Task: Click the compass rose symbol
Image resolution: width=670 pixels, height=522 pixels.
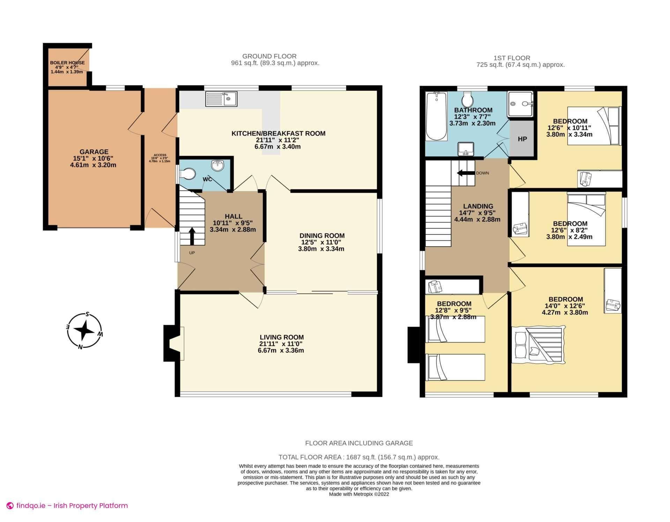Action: click(84, 331)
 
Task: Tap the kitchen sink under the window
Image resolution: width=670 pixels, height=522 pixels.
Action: click(221, 99)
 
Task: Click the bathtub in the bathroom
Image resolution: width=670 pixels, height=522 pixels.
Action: click(436, 116)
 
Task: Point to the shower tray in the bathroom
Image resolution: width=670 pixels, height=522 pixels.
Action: click(520, 104)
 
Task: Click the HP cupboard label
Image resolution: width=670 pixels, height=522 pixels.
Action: click(522, 139)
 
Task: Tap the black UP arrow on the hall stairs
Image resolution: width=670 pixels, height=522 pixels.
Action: click(192, 236)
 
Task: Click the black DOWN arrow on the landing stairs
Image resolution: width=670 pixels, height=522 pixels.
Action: click(466, 173)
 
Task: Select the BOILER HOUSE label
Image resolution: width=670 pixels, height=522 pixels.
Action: click(67, 63)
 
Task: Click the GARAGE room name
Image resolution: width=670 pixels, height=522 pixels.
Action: click(94, 152)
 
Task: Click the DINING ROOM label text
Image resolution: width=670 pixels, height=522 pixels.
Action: click(322, 235)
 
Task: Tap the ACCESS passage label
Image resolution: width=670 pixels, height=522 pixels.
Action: click(160, 155)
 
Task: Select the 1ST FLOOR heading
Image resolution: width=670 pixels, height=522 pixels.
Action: click(512, 58)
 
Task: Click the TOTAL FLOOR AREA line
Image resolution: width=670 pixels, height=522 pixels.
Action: click(359, 457)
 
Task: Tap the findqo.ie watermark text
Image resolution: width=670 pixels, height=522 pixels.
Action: click(72, 506)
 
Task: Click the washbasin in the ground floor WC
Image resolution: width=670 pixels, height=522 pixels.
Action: click(218, 165)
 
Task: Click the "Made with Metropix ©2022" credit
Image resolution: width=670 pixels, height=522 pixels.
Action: click(359, 494)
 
